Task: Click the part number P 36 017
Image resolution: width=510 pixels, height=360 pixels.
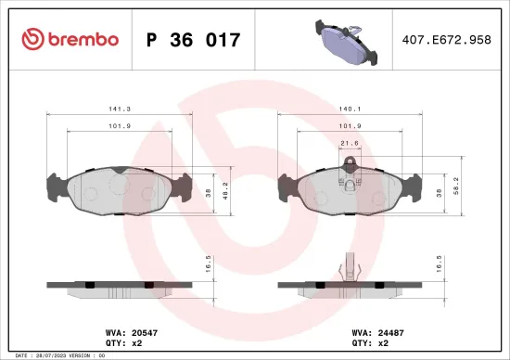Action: (194, 40)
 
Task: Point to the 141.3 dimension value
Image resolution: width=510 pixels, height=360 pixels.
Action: (118, 108)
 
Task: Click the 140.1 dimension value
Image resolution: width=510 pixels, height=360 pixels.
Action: (349, 108)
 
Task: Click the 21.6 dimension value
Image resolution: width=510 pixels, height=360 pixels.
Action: (349, 143)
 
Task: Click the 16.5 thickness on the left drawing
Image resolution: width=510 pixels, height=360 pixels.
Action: (208, 264)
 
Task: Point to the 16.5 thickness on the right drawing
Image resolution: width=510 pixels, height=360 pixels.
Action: (439, 264)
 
